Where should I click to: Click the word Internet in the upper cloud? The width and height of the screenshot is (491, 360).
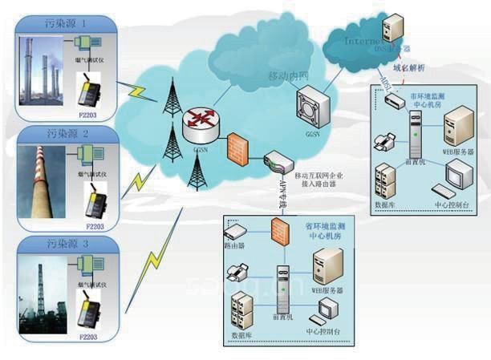[359, 39]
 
